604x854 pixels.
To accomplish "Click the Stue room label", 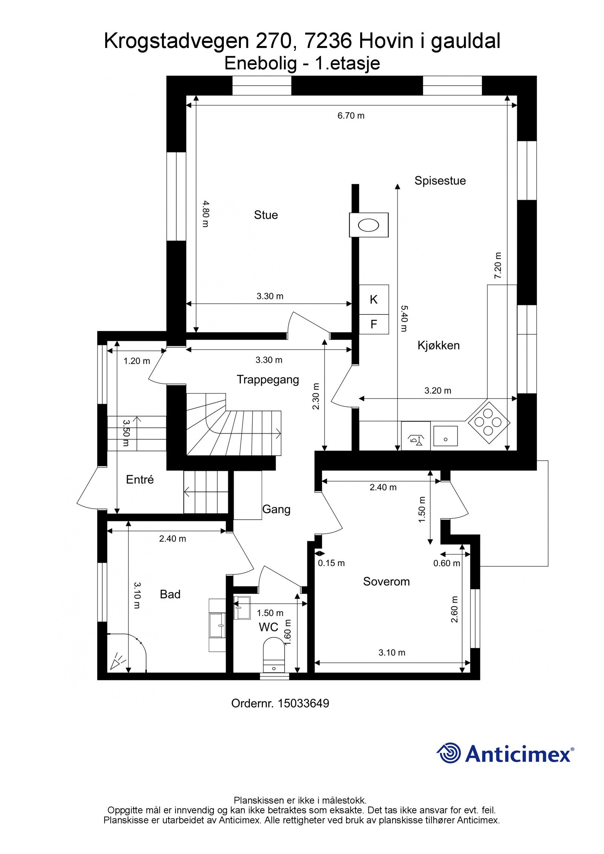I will click(266, 215).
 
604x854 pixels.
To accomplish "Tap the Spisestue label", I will click(440, 181).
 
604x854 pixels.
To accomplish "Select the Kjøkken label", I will click(438, 345).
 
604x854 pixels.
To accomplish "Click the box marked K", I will click(373, 300).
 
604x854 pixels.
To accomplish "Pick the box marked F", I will click(373, 324).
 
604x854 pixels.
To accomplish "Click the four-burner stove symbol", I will click(488, 422).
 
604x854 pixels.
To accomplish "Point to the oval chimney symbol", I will click(368, 225).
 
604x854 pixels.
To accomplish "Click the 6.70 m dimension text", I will click(351, 116).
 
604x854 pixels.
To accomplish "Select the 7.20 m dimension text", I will click(498, 266).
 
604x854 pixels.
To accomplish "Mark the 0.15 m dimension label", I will click(331, 563).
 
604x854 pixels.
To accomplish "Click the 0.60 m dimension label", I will click(447, 563).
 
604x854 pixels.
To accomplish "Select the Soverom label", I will click(386, 582).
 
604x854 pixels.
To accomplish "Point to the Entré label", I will click(140, 480).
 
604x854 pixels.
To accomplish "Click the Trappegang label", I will click(268, 380).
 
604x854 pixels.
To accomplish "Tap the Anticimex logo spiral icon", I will click(449, 753).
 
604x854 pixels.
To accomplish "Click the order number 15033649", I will click(303, 703).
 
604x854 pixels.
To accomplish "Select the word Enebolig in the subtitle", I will click(260, 64).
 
